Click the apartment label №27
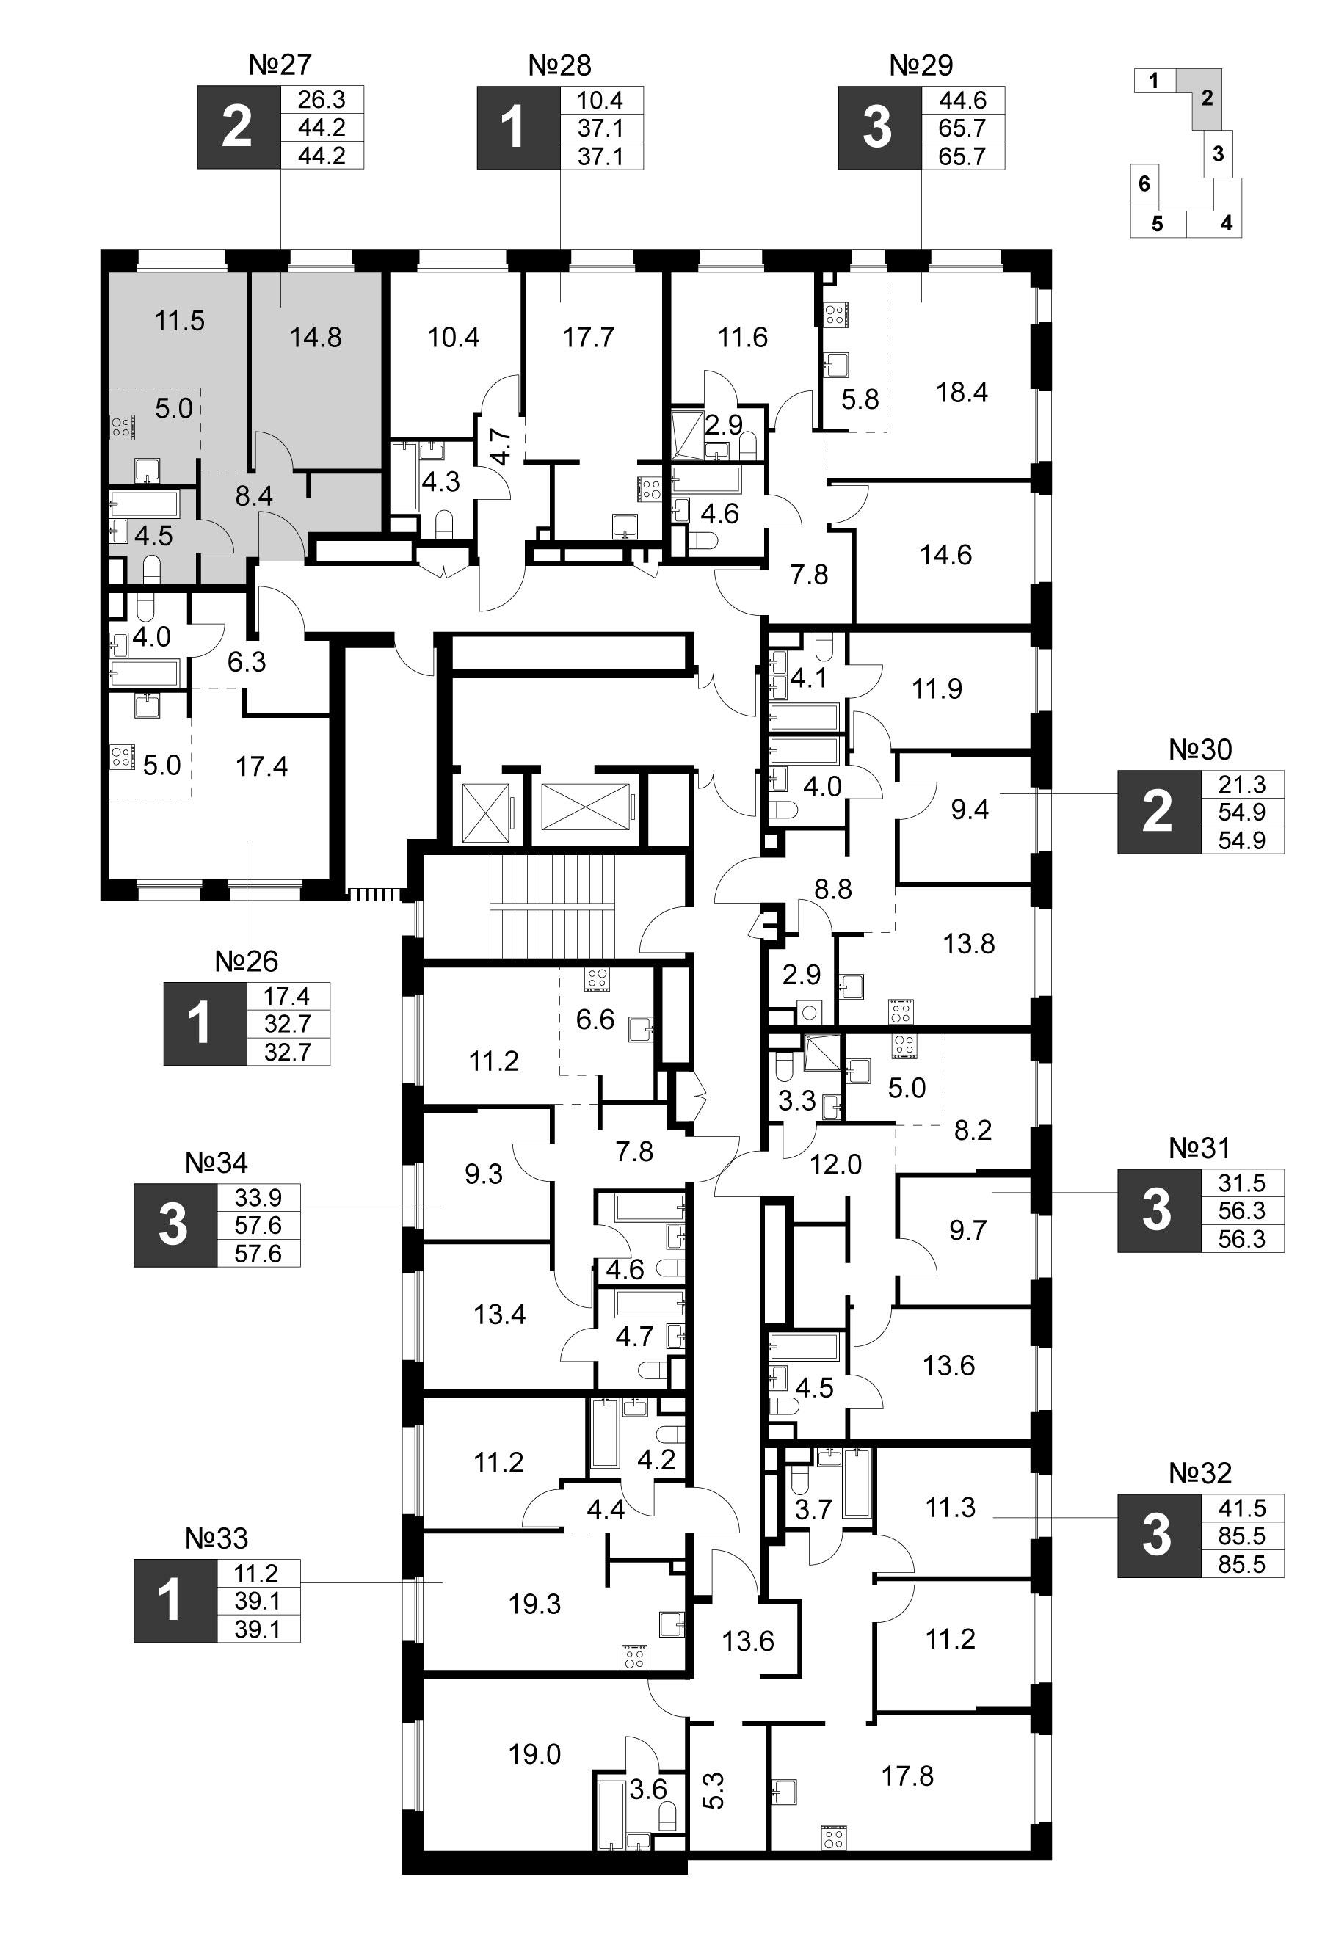[280, 65]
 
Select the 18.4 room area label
[962, 392]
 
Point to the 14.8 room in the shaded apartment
[315, 338]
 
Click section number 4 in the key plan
[1226, 224]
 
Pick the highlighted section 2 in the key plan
[1206, 98]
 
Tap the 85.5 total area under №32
[1241, 1564]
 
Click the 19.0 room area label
[534, 1754]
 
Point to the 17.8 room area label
[908, 1776]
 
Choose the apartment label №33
[217, 1539]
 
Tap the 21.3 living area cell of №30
[1241, 785]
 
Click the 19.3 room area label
[534, 1605]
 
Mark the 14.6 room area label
[946, 555]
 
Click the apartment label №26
[247, 962]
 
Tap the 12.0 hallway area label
[836, 1164]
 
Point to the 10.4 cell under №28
[601, 100]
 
